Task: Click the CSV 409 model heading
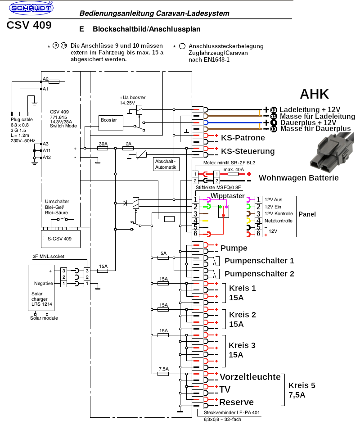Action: pos(29,25)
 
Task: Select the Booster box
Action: pos(109,120)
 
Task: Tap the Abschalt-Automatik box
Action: pos(166,164)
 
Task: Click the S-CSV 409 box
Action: pos(59,239)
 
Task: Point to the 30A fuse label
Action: pos(103,144)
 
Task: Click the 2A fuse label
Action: pos(129,144)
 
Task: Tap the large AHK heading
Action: pos(315,94)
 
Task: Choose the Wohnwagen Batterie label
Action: pos(298,178)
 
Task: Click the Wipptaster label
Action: pos(227,196)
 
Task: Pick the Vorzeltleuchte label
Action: pos(250,377)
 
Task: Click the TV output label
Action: pos(225,389)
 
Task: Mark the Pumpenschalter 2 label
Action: pos(259,273)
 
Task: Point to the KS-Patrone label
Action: pos(242,138)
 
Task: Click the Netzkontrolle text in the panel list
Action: pos(278,221)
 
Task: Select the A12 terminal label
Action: pos(46,157)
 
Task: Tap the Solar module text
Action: pos(44,318)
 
